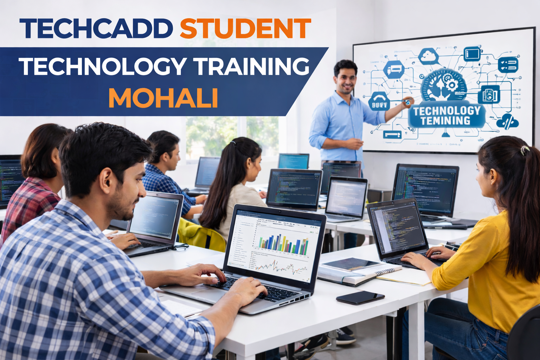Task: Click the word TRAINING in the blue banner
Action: pyautogui.click(x=252, y=66)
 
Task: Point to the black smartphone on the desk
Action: pyautogui.click(x=360, y=297)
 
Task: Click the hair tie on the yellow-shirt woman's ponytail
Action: pyautogui.click(x=525, y=150)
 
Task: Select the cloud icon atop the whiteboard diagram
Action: pyautogui.click(x=428, y=56)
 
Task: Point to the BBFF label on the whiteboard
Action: pyautogui.click(x=380, y=104)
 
